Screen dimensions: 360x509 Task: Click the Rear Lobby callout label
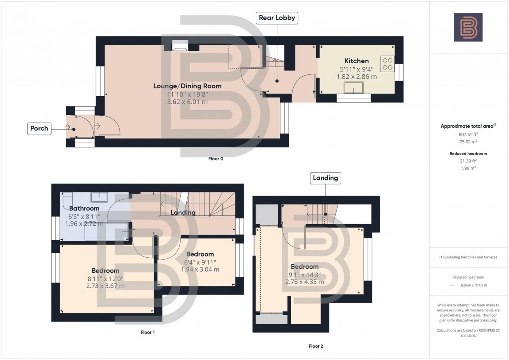pyautogui.click(x=277, y=18)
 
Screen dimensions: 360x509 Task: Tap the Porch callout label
pyautogui.click(x=39, y=128)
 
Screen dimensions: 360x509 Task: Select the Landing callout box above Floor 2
pyautogui.click(x=325, y=177)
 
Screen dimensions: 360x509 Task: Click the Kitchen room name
pyautogui.click(x=356, y=61)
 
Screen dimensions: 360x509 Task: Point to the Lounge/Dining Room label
pyautogui.click(x=187, y=86)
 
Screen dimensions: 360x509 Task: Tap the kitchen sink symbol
pyautogui.click(x=356, y=90)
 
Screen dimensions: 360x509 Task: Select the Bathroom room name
pyautogui.click(x=84, y=208)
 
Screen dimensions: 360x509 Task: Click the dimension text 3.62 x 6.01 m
pyautogui.click(x=187, y=102)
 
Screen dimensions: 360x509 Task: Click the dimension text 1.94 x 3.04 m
pyautogui.click(x=200, y=270)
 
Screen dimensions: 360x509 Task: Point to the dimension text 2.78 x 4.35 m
pyautogui.click(x=304, y=282)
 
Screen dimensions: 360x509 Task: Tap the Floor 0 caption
pyautogui.click(x=215, y=159)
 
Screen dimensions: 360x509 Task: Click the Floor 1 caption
pyautogui.click(x=148, y=332)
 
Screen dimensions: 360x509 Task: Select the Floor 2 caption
pyautogui.click(x=316, y=346)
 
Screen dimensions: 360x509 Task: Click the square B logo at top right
pyautogui.click(x=468, y=27)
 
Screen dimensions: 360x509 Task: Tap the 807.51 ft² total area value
pyautogui.click(x=468, y=134)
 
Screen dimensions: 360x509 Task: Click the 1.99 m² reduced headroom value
pyautogui.click(x=468, y=168)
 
